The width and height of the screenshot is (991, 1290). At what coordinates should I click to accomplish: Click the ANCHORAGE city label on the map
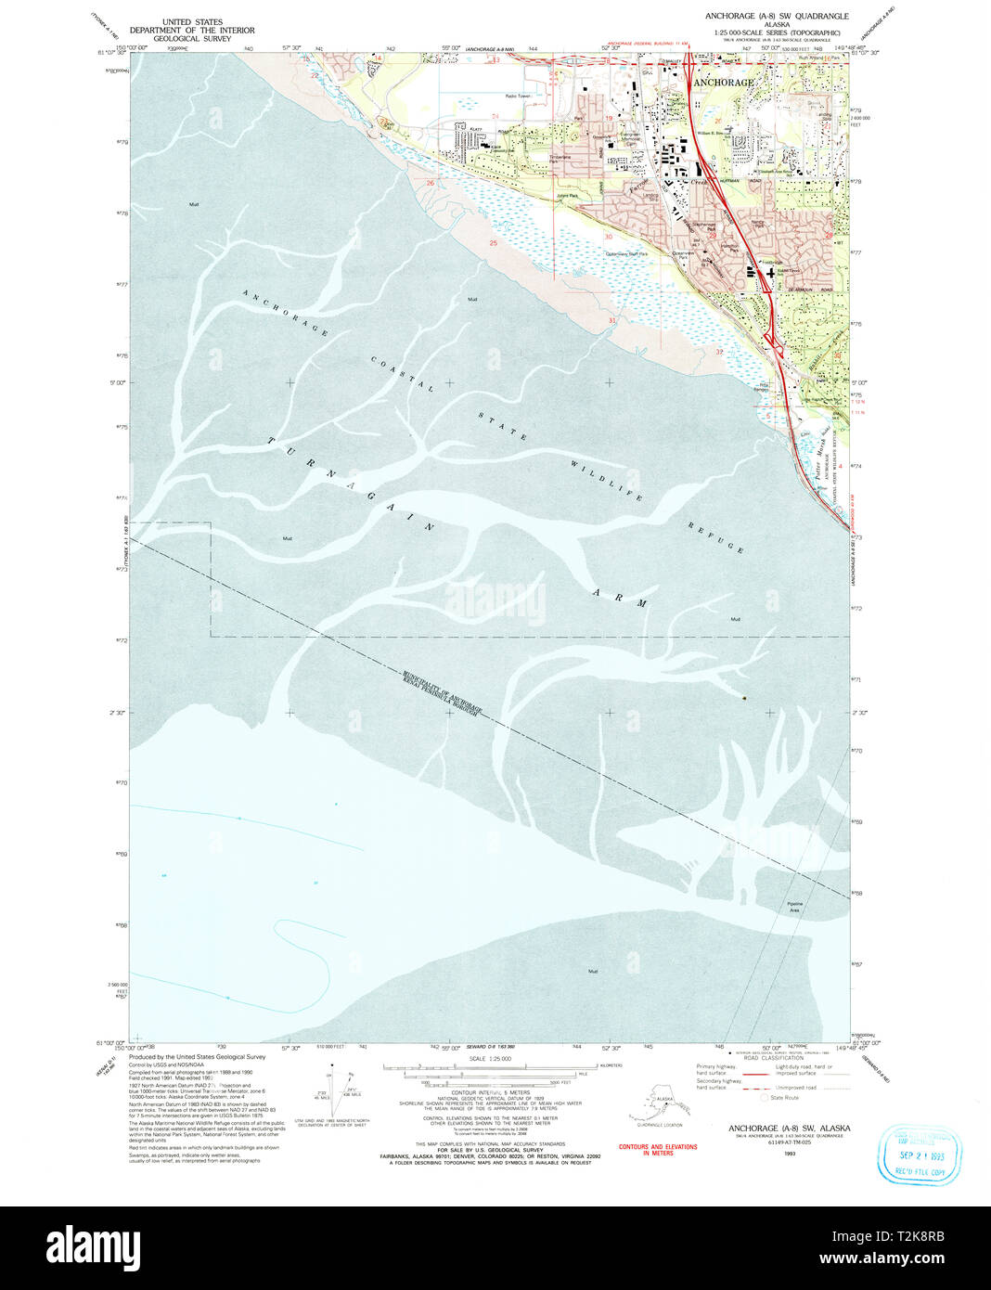pos(724,83)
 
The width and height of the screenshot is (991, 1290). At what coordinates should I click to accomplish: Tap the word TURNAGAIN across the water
pos(353,484)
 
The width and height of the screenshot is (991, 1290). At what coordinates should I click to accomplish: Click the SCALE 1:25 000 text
pos(490,1058)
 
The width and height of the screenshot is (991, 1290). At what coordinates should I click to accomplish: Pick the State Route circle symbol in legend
pos(765,1097)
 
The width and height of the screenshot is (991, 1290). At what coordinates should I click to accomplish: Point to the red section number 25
pos(493,243)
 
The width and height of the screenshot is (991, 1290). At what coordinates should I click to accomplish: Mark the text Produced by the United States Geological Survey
pos(197,1056)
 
